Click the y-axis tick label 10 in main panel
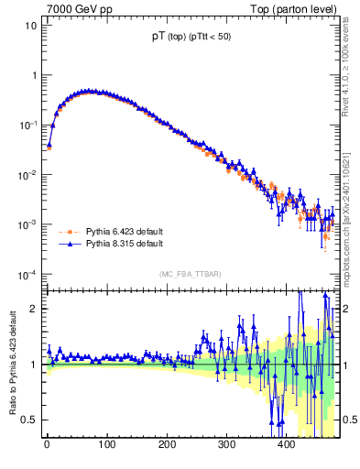coord(31,26)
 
